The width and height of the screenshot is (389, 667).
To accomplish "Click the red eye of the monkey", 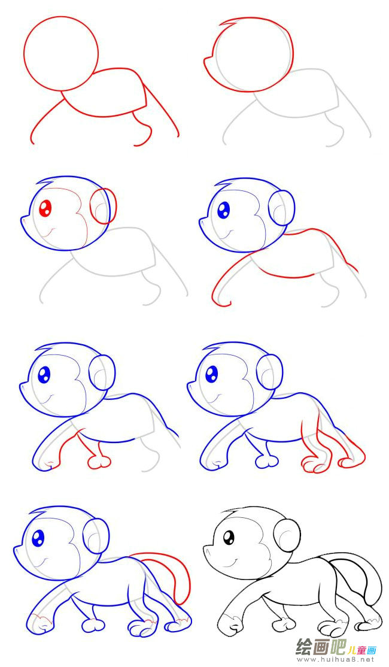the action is pos(45,208).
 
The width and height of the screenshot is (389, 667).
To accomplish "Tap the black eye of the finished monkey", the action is pos(229,537).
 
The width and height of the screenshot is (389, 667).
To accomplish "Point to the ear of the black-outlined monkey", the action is pos(287,535).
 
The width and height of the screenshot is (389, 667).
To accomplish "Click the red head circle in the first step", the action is pos(61,54).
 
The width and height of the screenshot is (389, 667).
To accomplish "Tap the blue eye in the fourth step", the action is pos(224,210).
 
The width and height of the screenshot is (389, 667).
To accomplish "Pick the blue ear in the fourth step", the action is pos(281,208).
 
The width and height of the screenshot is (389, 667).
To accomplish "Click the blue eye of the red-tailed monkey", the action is pos(38,538).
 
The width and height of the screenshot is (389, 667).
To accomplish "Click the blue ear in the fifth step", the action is pos(102,372).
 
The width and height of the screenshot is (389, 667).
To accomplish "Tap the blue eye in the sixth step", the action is pos(212,374).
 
